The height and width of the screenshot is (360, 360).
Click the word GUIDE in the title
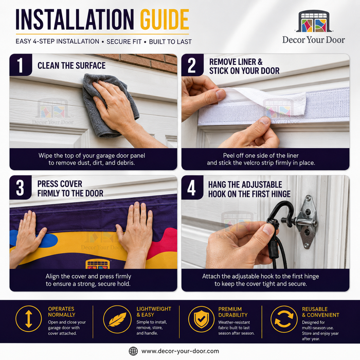coord(165,20)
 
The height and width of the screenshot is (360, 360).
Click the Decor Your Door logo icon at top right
coord(314,21)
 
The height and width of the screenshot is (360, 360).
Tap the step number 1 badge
coord(21,65)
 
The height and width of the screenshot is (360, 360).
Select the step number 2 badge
coord(192,65)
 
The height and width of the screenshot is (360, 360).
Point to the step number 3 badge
coord(21,188)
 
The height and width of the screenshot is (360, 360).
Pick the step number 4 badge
coord(192,188)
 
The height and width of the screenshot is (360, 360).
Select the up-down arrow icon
coord(28,319)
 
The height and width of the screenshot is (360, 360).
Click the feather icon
coord(117,319)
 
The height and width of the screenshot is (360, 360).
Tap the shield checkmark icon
coord(202,319)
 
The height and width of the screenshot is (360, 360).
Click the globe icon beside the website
coord(133,351)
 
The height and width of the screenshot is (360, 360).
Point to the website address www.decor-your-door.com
coord(180,351)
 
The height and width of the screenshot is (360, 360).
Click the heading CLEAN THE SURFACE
coord(71,66)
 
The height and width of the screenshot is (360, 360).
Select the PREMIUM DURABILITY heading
coord(233,312)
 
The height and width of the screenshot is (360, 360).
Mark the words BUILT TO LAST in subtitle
coord(170,42)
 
